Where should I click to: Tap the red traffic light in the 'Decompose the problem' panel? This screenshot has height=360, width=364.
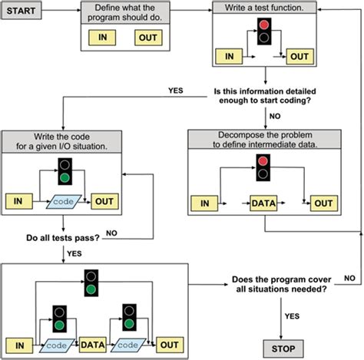263,161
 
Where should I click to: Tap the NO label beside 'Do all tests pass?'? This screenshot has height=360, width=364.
111,230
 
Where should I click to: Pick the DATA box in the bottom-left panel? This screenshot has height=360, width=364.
92,345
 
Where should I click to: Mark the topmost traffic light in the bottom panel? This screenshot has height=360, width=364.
91,283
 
